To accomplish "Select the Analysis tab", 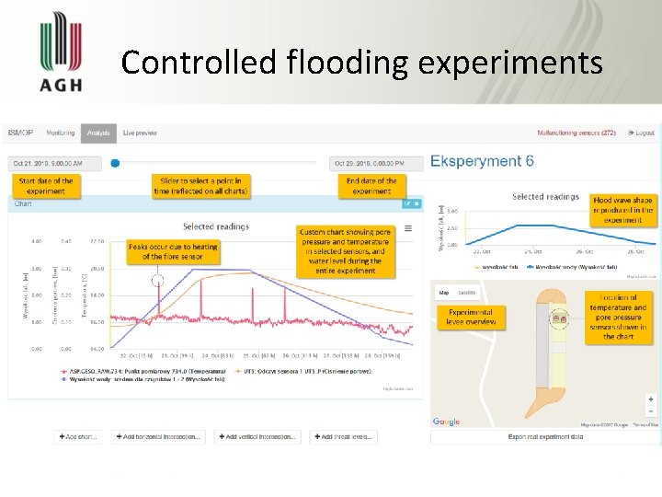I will pos(98,133).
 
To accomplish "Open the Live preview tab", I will pos(140,133).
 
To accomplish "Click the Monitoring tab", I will pos(61,133).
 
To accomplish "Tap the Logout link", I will pos(641,133).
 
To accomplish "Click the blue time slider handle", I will pos(115,163).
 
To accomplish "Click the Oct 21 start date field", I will pos(57,163).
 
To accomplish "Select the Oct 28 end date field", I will pos(377,163).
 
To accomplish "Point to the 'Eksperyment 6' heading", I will pos(482,161).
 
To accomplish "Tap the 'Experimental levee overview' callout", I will pos(471,317).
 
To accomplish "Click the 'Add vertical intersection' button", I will pos(257,436).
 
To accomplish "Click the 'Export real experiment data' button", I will pos(545,436).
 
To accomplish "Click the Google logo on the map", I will pos(446,422).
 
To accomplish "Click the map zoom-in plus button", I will pos(651,399).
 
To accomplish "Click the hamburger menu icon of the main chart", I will pos(408,228).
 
